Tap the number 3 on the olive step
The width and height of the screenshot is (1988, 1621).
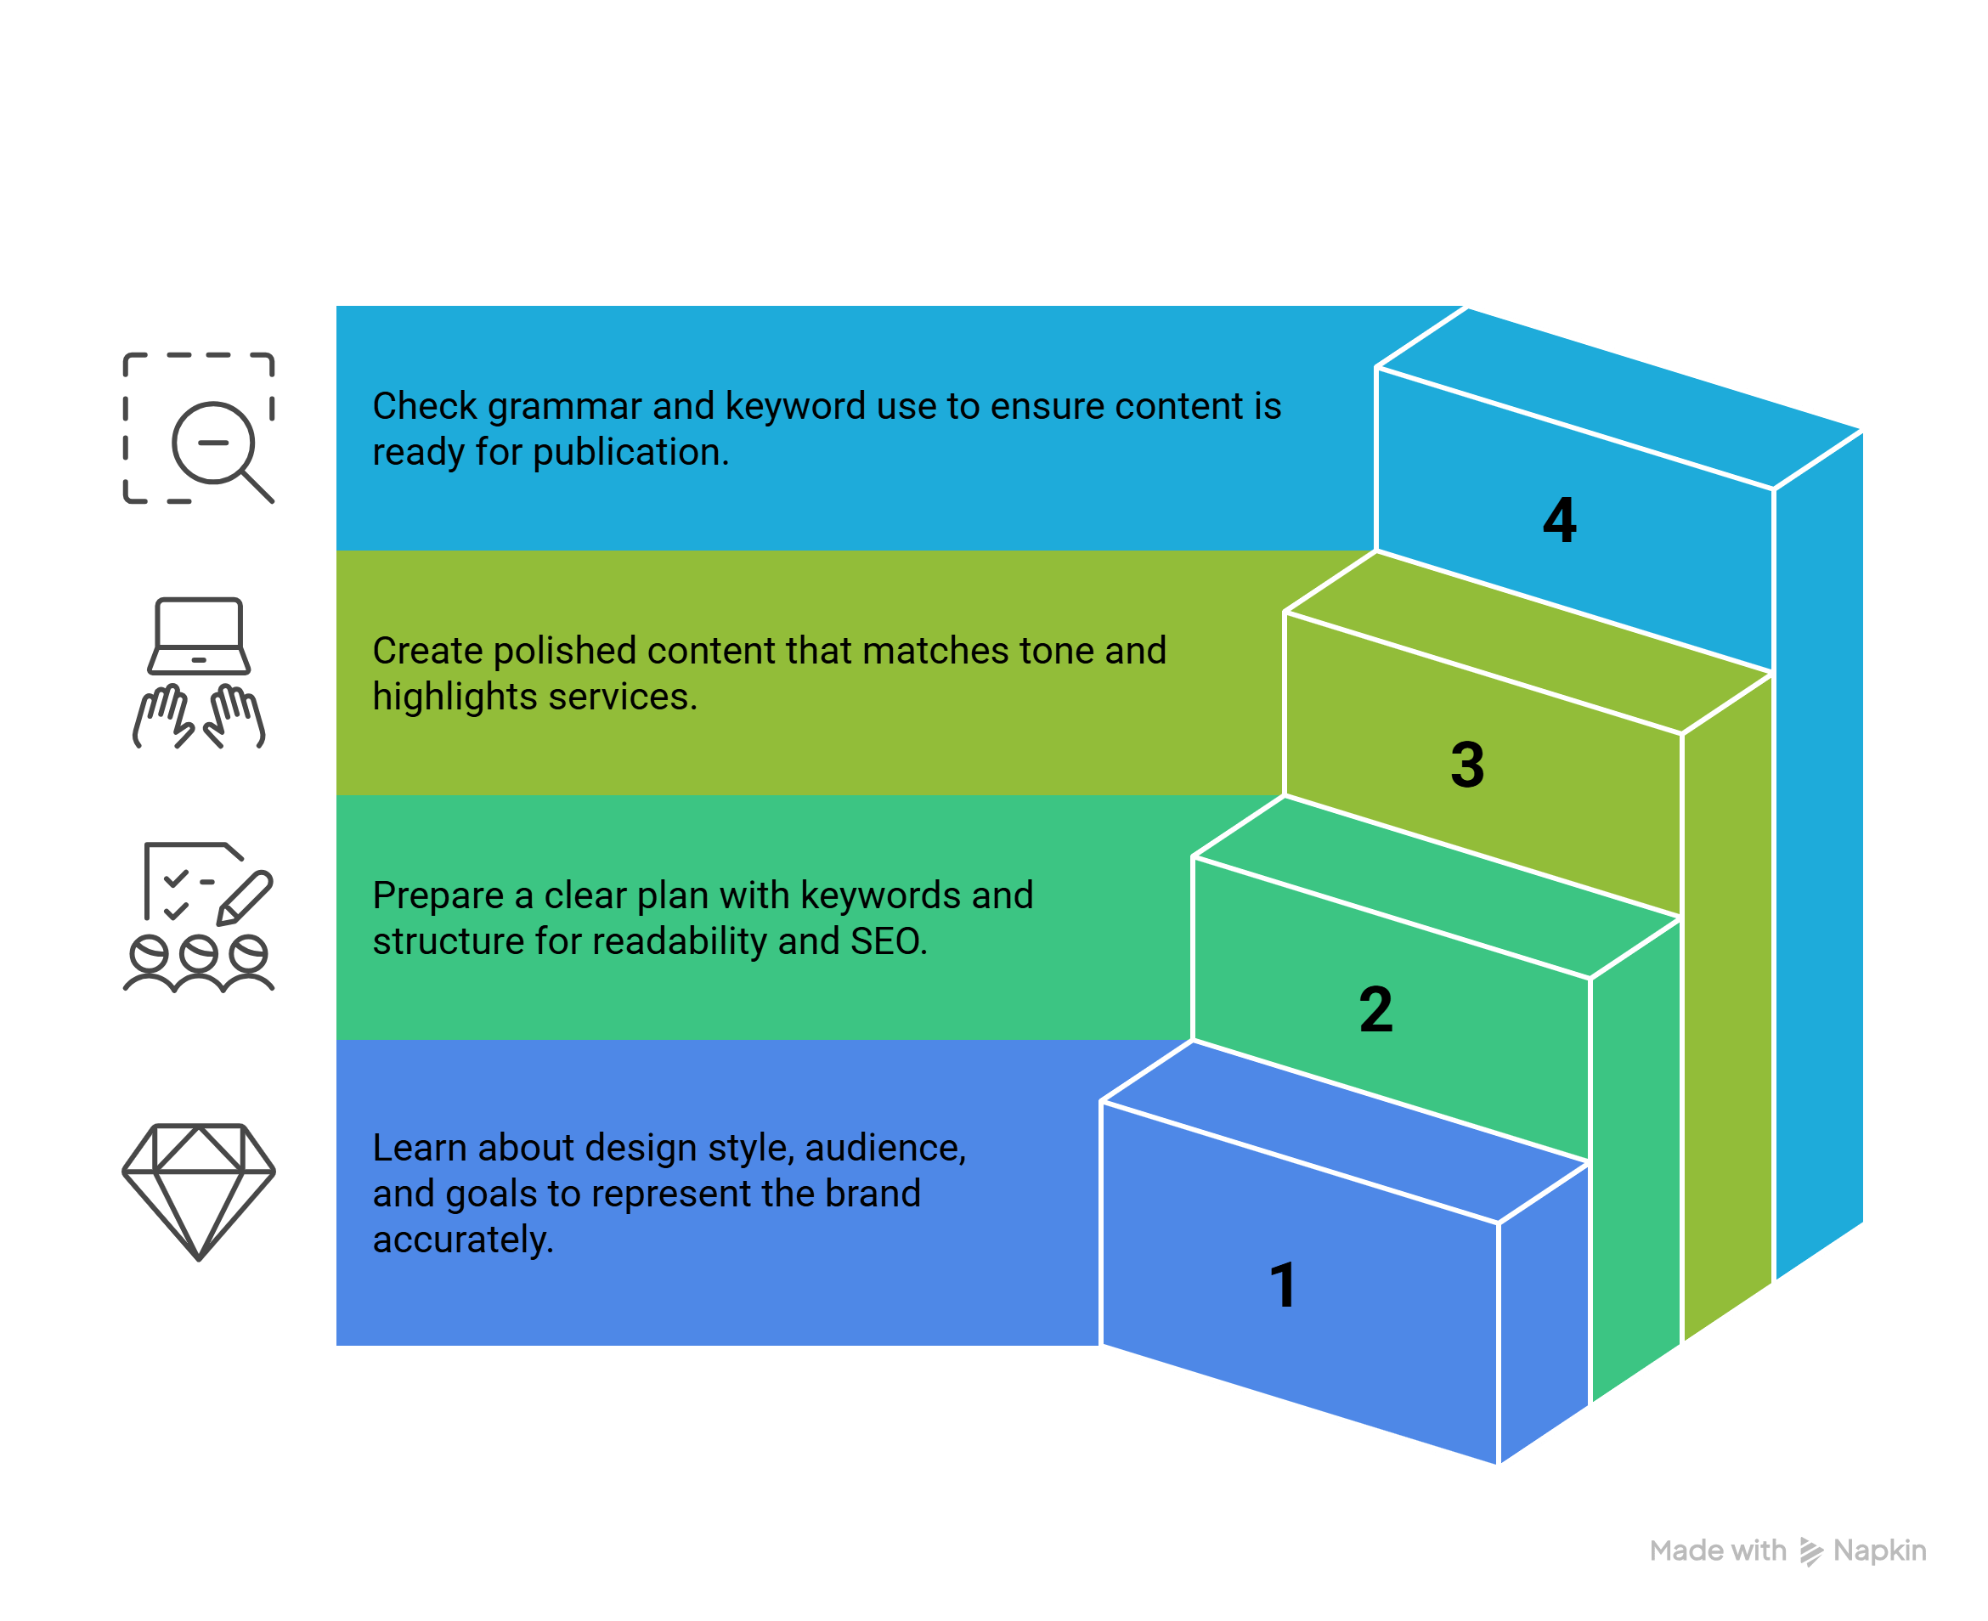click(1467, 765)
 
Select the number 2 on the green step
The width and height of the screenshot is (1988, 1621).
click(1375, 1009)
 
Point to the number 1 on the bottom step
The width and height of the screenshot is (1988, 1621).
click(1283, 1285)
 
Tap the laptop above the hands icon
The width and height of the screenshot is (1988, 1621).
click(199, 635)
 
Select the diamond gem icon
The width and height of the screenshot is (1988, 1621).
click(199, 1190)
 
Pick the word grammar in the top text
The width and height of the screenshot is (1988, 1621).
click(564, 407)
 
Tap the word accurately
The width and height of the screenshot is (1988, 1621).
click(463, 1240)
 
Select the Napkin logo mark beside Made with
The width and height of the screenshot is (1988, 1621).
click(1810, 1552)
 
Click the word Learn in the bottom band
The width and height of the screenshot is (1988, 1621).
click(419, 1149)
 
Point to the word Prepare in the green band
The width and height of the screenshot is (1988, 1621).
click(438, 896)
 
